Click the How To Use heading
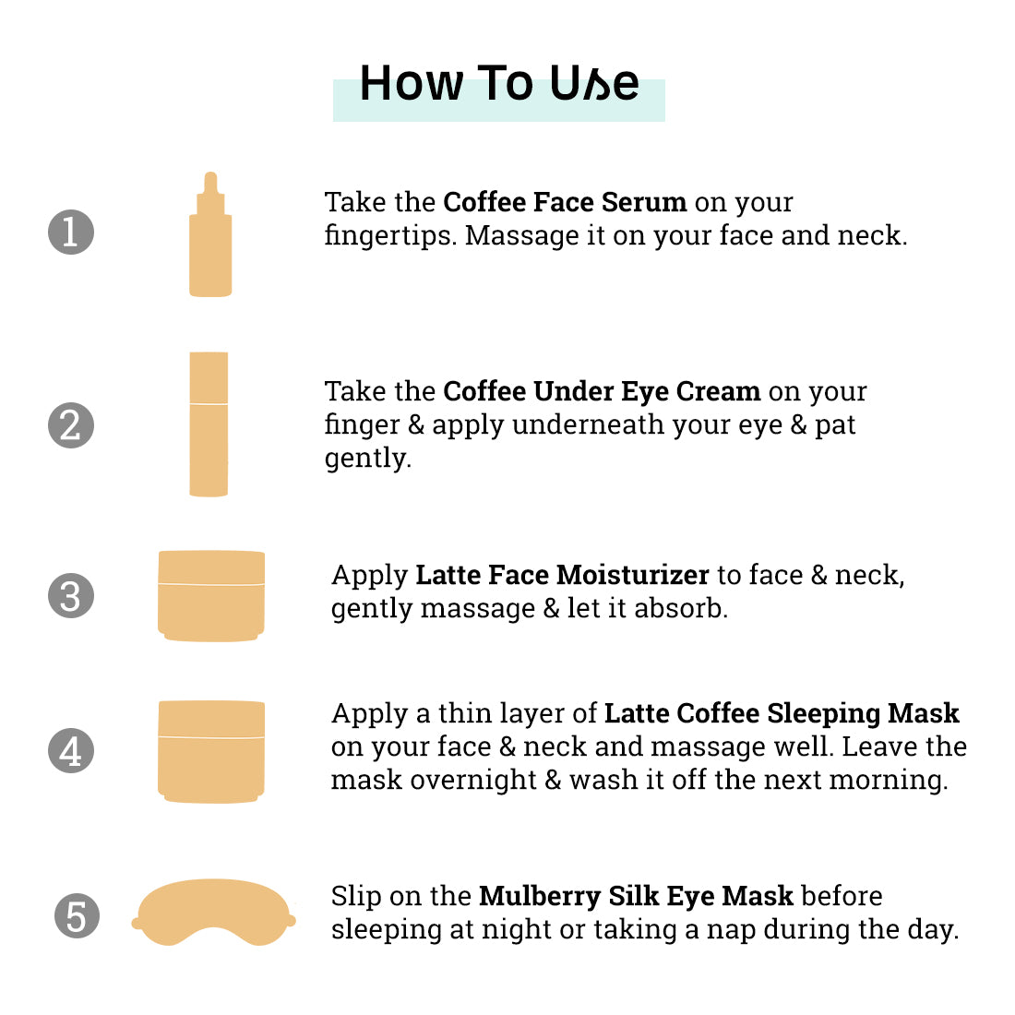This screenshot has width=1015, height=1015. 499,83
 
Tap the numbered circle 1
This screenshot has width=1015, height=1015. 71,232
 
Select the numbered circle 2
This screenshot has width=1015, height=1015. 71,425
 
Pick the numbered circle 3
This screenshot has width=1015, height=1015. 71,595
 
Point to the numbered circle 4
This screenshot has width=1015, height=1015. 71,750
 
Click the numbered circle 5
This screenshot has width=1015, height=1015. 77,916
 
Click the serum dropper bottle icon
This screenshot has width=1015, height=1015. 210,234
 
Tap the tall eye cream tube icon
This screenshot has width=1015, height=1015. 209,424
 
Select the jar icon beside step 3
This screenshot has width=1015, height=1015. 211,595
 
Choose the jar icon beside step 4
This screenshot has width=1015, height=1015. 211,751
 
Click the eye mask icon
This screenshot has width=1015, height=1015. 214,912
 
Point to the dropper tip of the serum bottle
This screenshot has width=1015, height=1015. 210,174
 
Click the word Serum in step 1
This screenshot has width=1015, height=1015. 644,202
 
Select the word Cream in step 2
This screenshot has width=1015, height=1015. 718,391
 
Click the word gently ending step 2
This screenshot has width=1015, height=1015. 367,459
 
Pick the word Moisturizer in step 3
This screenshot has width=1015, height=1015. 633,575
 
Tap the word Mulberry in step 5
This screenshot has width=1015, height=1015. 540,897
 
